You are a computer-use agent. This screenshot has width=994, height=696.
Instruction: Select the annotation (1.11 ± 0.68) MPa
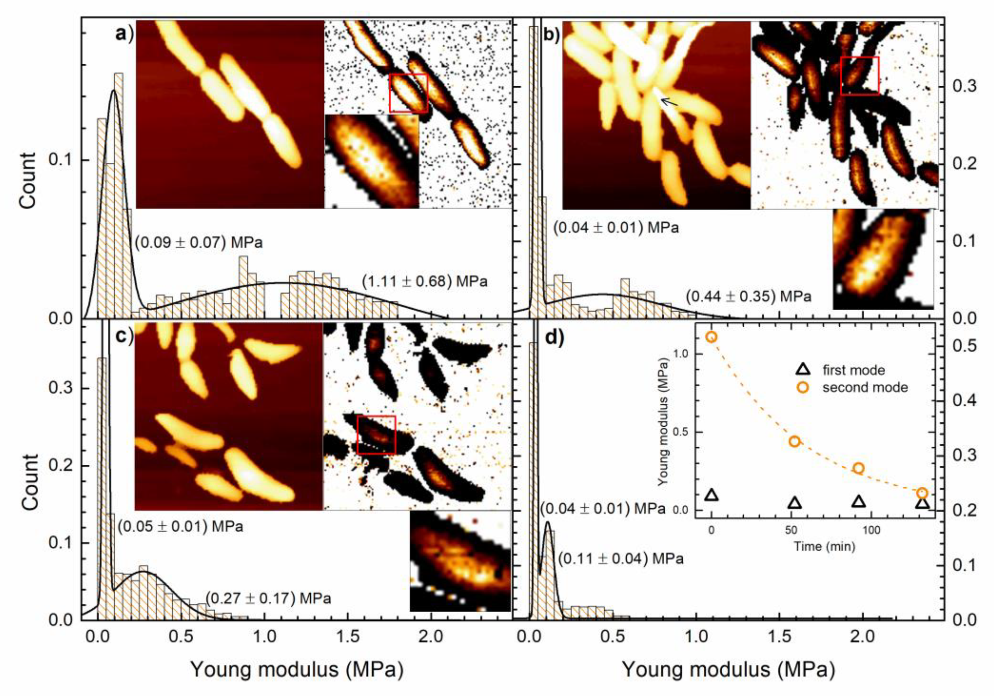[425, 282]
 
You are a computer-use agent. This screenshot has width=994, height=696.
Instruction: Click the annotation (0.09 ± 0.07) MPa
[199, 242]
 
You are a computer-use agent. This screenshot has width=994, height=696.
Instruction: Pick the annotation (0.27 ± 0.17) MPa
[268, 599]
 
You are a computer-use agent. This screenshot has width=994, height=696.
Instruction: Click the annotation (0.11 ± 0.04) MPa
[621, 559]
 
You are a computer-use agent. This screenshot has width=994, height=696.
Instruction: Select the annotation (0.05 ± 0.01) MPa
[180, 527]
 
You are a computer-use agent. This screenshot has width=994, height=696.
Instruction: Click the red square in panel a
[408, 93]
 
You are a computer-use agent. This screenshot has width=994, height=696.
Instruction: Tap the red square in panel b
[859, 76]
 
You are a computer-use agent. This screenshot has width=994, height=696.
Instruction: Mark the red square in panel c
[376, 435]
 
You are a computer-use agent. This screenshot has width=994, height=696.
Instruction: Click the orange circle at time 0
[712, 337]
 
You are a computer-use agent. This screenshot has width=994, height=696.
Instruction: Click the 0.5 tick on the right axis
[965, 346]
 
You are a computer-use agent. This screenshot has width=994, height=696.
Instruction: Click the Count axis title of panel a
[29, 180]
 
